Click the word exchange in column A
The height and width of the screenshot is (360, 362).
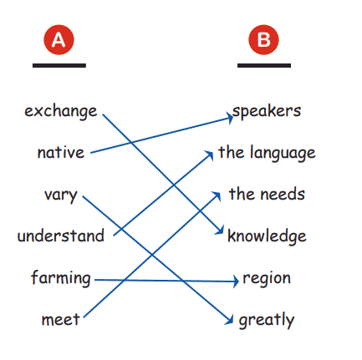(x=61, y=111)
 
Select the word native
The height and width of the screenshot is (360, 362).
(x=61, y=152)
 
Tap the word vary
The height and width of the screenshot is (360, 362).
(x=60, y=195)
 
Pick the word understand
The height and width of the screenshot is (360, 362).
(x=61, y=236)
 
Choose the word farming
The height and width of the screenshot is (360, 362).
(x=61, y=278)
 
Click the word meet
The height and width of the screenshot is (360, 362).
(x=61, y=319)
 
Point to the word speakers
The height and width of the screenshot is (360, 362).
(x=267, y=111)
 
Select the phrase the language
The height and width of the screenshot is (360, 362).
(x=267, y=153)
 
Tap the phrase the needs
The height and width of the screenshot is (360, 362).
(x=267, y=194)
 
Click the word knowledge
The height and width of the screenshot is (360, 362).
(x=267, y=236)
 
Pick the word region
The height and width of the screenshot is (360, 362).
(x=267, y=278)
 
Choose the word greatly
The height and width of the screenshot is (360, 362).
(x=267, y=320)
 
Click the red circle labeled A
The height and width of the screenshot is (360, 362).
(x=59, y=40)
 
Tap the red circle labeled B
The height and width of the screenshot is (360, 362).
(x=263, y=39)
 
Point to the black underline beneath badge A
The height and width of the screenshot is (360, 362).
(x=59, y=65)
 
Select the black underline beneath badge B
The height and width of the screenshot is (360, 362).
(x=264, y=65)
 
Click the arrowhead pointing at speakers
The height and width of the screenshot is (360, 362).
(x=230, y=118)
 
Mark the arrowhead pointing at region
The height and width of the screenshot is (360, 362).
(x=235, y=281)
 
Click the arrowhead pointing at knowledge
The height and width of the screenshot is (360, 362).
(x=220, y=231)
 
